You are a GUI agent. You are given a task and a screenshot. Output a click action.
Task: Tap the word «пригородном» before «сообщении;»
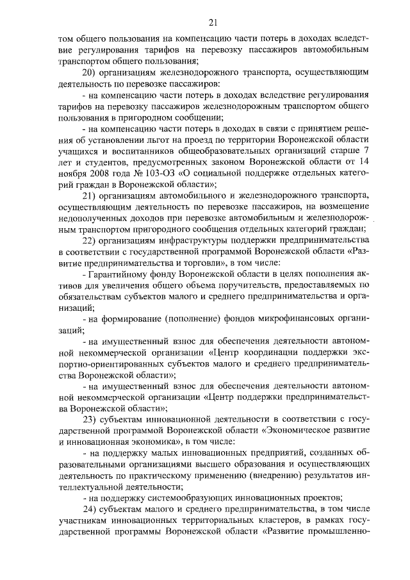[x=141, y=117]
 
